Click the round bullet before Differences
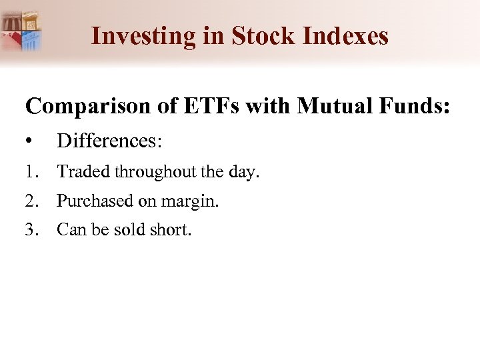tap(29, 141)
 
